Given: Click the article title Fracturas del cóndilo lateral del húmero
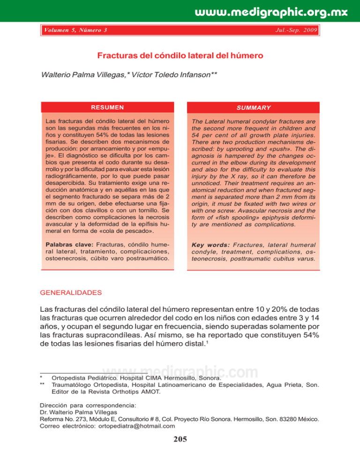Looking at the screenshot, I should coord(180,56).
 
